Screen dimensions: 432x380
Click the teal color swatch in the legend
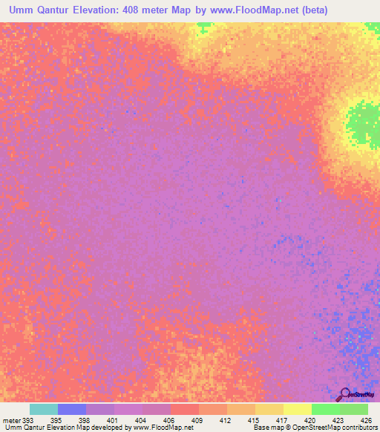44,409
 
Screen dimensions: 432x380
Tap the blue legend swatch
72,409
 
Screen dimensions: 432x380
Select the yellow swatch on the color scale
297,409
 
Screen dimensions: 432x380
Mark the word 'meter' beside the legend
11,420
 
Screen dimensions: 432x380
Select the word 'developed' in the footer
105,428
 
